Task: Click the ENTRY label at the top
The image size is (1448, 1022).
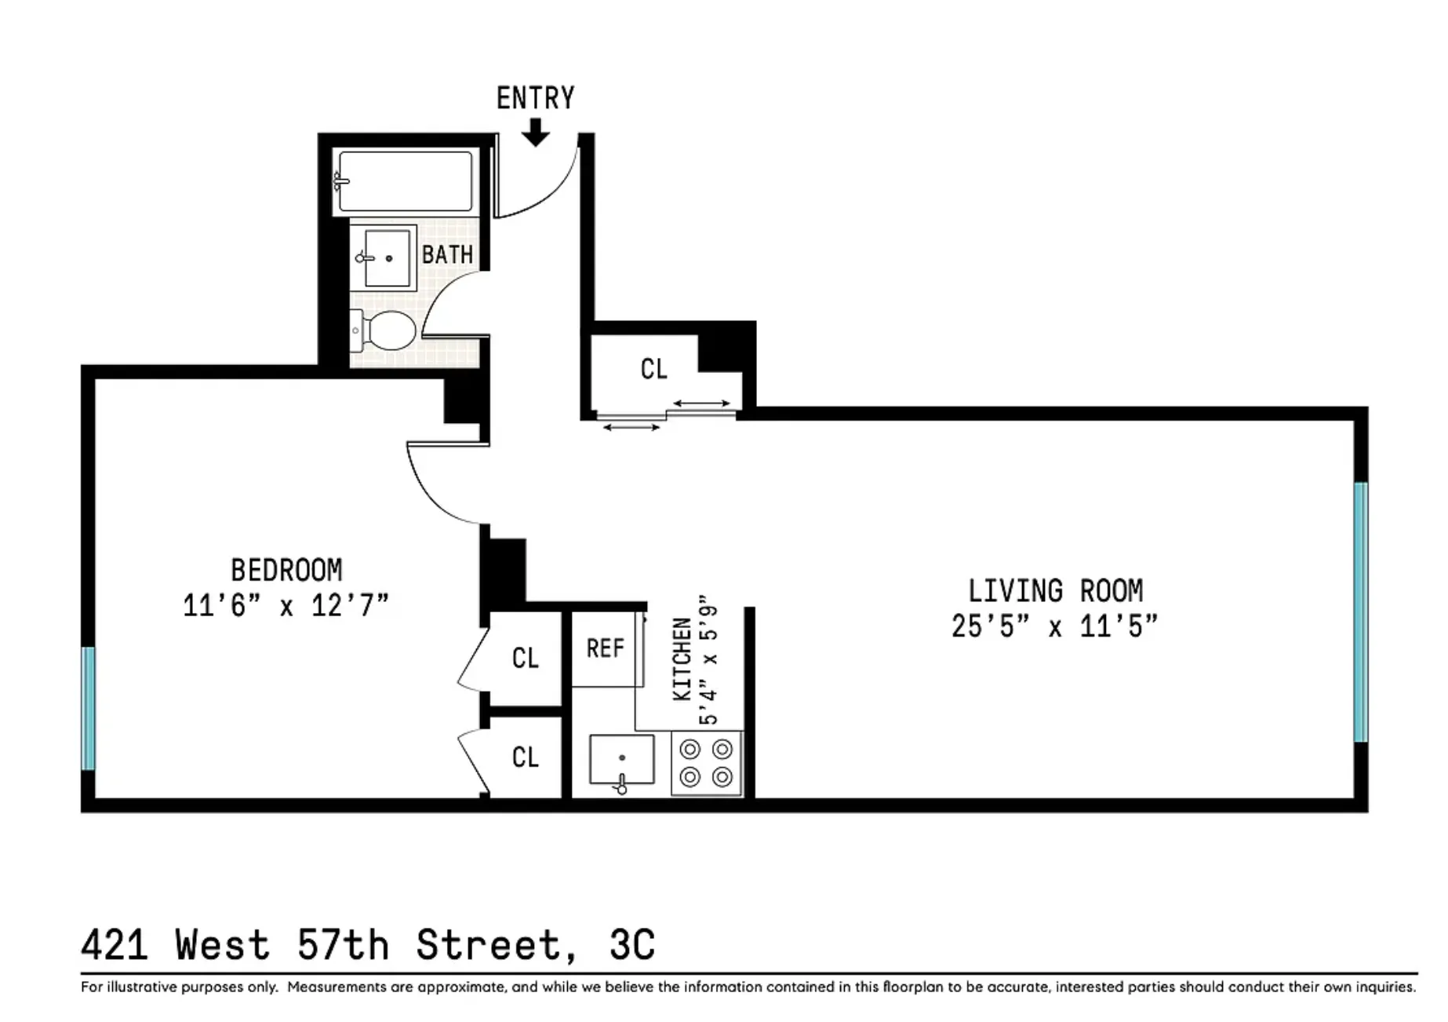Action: [x=535, y=99]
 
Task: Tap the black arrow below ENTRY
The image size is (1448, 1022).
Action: [x=536, y=133]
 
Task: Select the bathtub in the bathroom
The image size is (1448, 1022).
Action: [x=405, y=181]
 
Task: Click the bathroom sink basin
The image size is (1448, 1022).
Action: [x=386, y=257]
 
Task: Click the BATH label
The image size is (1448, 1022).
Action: [x=447, y=255]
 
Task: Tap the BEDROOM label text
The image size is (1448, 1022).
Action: [x=286, y=570]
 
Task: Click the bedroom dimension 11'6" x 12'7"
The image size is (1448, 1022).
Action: [x=286, y=606]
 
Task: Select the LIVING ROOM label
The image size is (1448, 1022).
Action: [x=1055, y=591]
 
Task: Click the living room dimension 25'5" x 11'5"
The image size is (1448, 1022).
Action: [x=1055, y=626]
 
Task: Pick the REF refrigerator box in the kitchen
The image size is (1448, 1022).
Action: [x=606, y=649]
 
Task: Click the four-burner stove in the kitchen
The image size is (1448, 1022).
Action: [x=706, y=763]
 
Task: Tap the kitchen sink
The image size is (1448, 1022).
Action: [x=621, y=759]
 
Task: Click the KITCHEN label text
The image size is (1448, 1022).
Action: [x=682, y=659]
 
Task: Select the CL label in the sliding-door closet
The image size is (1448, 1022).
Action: [x=653, y=369]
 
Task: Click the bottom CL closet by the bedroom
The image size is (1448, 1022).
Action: [x=525, y=757]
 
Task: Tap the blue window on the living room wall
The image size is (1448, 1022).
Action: [x=1361, y=612]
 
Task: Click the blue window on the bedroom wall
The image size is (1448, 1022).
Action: [x=89, y=708]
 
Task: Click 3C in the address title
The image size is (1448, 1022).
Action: [x=632, y=945]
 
